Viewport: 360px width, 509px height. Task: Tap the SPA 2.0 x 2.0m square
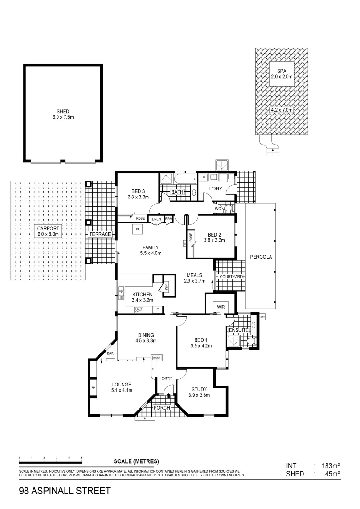click(x=281, y=73)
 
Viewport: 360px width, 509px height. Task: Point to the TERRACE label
click(x=100, y=234)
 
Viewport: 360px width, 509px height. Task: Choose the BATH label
click(x=177, y=192)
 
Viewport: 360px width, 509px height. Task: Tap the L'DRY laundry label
click(x=215, y=189)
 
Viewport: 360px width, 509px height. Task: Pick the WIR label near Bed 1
click(x=221, y=307)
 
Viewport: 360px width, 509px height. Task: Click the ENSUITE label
click(x=238, y=331)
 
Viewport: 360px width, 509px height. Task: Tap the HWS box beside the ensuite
click(x=263, y=317)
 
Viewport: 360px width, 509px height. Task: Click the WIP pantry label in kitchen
click(x=165, y=286)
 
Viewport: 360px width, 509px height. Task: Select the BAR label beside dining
click(x=110, y=353)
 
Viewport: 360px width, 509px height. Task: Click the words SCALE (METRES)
click(x=136, y=461)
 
